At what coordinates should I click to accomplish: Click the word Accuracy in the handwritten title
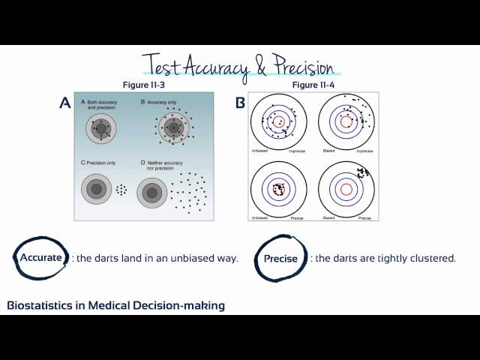pos(218,66)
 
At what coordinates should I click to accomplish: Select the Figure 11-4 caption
pos(313,84)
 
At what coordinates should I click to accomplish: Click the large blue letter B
pos(240,103)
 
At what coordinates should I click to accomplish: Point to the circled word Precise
pos(280,259)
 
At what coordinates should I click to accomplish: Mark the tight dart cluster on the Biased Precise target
pos(364,172)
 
